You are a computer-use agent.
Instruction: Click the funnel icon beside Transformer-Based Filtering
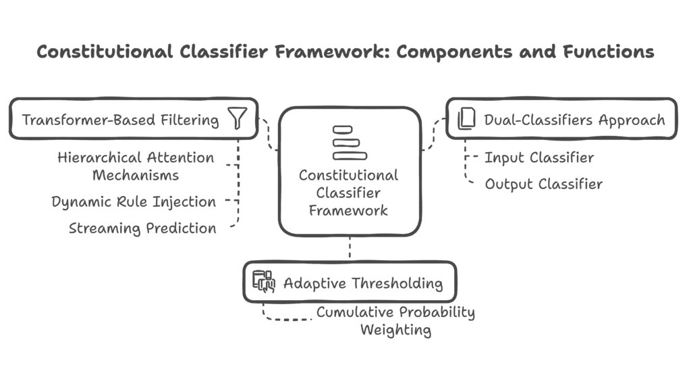tap(238, 119)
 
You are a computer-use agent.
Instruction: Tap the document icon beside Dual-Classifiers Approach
tap(466, 120)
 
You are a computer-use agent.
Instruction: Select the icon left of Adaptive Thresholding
tap(264, 282)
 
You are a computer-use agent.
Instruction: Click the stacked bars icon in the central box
tap(350, 142)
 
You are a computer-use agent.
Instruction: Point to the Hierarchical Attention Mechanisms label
tap(136, 166)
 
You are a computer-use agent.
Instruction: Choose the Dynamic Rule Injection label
tap(134, 201)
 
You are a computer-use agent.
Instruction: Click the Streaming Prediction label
tap(142, 228)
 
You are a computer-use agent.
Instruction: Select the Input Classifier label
tap(539, 158)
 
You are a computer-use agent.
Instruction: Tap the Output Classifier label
tap(543, 184)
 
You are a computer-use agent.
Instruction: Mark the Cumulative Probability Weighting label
tap(395, 321)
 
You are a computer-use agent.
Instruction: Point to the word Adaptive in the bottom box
tap(306, 283)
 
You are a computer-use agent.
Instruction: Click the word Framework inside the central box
tap(348, 210)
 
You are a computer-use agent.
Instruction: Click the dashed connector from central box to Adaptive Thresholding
tap(350, 249)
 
